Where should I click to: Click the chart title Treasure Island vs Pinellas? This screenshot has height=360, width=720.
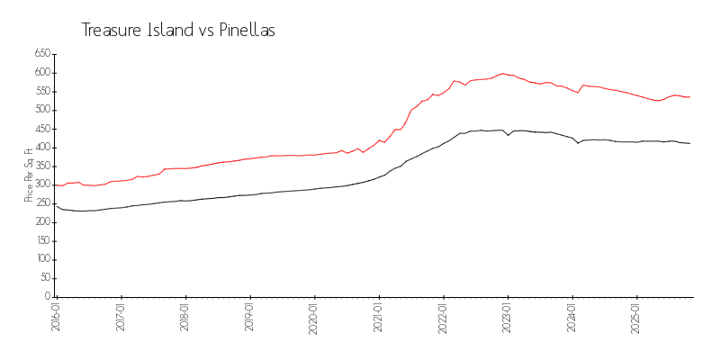point(178,31)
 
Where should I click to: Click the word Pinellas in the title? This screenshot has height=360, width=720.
point(244,31)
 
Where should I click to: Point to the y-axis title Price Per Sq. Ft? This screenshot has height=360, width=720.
point(30,175)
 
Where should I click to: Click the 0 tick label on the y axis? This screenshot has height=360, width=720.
point(47,297)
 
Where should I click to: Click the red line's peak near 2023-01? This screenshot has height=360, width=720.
point(503,74)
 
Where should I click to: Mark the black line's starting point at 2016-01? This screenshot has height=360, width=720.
point(56,204)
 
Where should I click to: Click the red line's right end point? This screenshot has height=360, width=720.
point(690,97)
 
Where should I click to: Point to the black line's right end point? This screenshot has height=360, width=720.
point(690,144)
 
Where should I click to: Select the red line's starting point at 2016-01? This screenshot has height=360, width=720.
point(56,185)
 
